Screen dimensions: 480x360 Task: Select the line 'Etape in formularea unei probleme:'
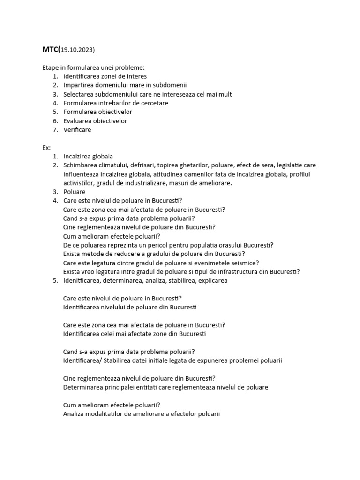pyautogui.click(x=94, y=67)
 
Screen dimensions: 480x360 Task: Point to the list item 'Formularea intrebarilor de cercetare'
pyautogui.click(x=115, y=103)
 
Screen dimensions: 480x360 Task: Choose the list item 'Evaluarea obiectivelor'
pyautogui.click(x=95, y=121)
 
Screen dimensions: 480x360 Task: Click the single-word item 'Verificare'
pyautogui.click(x=77, y=130)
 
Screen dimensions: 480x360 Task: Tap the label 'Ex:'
pyautogui.click(x=46, y=148)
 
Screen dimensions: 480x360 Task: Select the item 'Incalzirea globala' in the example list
pyautogui.click(x=88, y=157)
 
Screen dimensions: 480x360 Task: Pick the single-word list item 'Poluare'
pyautogui.click(x=74, y=192)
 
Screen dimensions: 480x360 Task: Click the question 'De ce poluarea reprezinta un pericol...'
pyautogui.click(x=168, y=245)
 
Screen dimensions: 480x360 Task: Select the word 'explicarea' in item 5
pyautogui.click(x=212, y=281)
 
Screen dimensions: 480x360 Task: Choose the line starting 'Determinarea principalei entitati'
pyautogui.click(x=165, y=388)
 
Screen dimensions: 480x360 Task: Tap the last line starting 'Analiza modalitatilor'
pyautogui.click(x=141, y=414)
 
